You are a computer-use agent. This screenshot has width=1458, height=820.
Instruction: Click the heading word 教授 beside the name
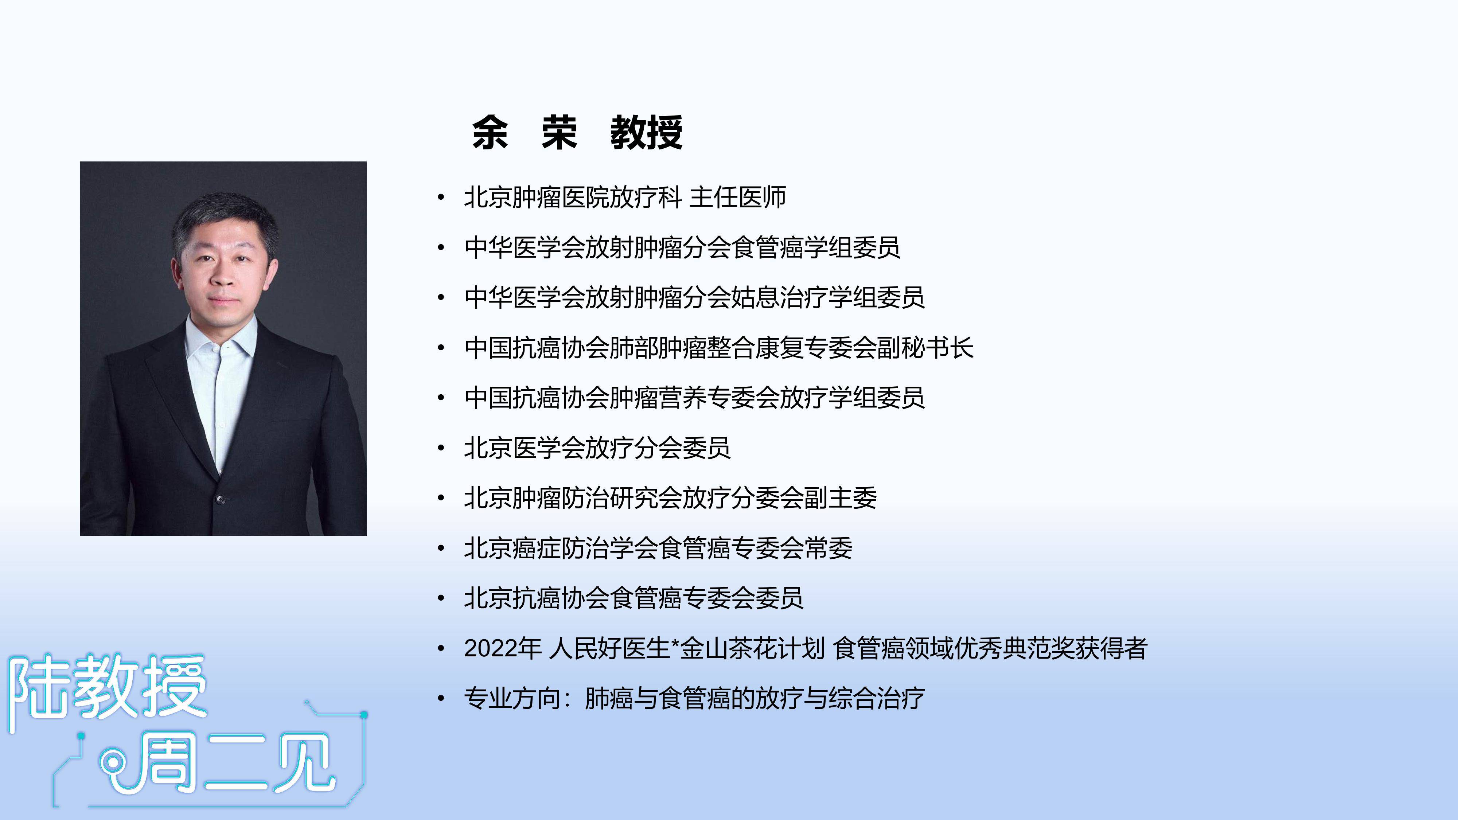[x=646, y=133]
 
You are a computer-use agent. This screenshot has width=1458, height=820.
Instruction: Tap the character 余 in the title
[x=490, y=133]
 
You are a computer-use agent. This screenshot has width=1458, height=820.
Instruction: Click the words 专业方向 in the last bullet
[x=512, y=698]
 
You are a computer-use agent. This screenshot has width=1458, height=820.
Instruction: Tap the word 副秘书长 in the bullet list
[x=925, y=347]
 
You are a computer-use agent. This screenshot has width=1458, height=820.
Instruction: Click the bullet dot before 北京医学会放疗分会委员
[x=441, y=448]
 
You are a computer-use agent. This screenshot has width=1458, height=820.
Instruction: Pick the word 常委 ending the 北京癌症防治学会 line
[x=828, y=548]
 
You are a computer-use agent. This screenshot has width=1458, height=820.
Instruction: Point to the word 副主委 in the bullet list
[x=841, y=498]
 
